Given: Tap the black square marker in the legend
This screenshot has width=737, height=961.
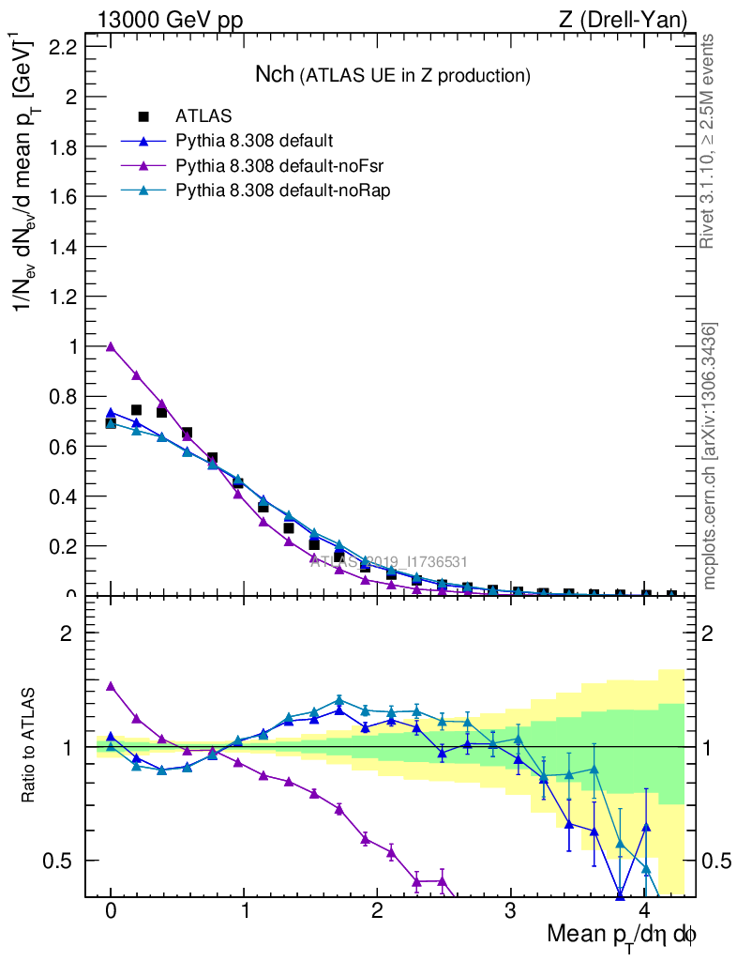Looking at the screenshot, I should coord(143,116).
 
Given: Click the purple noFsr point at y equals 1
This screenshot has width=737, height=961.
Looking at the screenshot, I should coord(111,346).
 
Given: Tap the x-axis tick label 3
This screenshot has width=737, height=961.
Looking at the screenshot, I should coord(511,911).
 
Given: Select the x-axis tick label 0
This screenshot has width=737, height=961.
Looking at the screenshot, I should coord(111,911).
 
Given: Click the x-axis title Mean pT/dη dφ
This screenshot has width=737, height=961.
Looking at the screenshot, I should coord(622,935).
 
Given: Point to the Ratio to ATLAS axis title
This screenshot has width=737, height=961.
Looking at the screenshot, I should coord(31,746).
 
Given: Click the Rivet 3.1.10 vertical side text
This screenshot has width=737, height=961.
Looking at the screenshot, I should coord(709,141).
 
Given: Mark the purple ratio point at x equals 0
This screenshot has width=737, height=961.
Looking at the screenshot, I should coord(111,686).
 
